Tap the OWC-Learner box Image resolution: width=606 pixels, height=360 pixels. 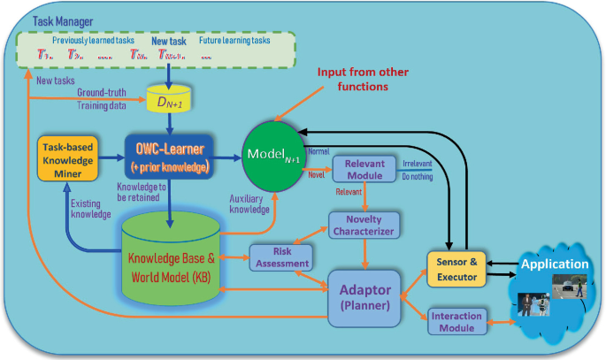(x=169, y=157)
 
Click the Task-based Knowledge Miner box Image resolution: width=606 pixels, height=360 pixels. (x=67, y=159)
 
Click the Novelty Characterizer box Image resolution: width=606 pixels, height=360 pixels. (x=364, y=224)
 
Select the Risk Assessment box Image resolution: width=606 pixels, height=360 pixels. (x=281, y=257)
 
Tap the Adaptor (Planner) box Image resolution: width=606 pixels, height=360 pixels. (x=364, y=296)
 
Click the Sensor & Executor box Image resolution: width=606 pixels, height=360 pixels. (x=458, y=269)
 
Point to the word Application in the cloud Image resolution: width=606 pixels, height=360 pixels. (x=555, y=264)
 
